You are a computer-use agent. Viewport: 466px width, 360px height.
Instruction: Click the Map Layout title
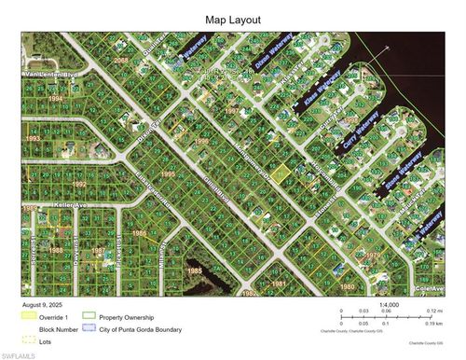tap(233, 19)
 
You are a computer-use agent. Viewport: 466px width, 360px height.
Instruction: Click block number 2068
tap(121, 60)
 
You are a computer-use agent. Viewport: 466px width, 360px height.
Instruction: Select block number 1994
tap(57, 97)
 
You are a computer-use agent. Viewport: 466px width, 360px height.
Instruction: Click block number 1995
tap(168, 173)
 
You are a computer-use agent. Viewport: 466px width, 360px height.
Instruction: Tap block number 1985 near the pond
tap(194, 270)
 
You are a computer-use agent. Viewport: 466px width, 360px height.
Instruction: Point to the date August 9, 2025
tap(45, 304)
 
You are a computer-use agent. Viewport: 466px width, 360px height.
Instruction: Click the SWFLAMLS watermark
tap(19, 354)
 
